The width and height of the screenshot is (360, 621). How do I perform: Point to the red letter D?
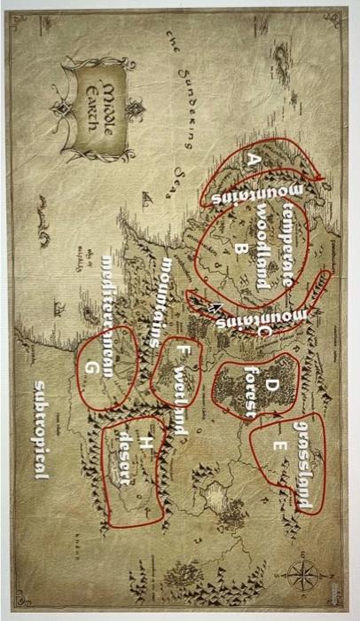(x=271, y=383)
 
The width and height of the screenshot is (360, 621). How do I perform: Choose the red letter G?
(x=90, y=365)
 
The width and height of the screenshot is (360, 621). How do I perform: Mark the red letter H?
(x=144, y=444)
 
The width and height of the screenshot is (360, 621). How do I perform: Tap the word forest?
(x=251, y=390)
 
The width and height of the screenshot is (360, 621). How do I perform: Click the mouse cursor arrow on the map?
(x=215, y=308)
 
